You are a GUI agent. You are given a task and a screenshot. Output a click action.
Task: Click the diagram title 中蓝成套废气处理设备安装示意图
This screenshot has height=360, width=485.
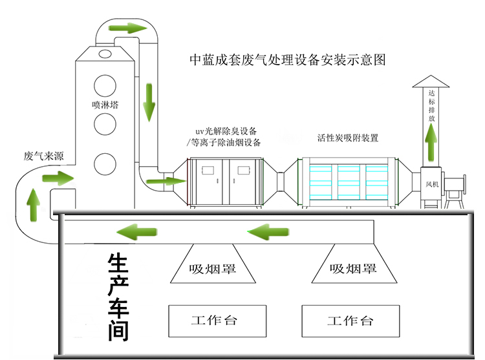(286, 60)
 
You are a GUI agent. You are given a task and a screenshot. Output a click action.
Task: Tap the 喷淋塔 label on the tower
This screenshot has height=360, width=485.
(105, 103)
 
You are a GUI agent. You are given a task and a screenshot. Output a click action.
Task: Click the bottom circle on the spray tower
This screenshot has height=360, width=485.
(105, 164)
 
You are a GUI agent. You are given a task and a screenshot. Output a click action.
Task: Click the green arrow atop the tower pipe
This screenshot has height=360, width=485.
(127, 28)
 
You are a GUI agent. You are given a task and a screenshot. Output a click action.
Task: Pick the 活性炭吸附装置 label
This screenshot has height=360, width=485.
(347, 138)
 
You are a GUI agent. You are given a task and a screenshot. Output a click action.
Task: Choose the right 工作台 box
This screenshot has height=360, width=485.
(350, 321)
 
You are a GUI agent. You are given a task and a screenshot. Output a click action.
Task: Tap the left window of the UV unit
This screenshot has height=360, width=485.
(208, 171)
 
